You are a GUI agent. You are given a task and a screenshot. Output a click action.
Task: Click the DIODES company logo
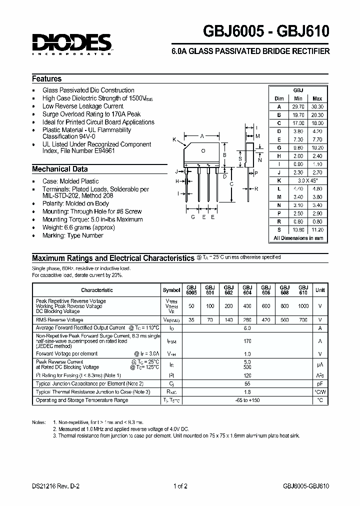(71, 43)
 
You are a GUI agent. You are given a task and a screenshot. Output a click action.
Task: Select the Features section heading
(47, 79)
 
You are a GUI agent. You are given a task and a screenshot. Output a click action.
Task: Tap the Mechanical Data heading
(59, 169)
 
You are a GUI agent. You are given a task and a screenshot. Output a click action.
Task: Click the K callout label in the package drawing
(174, 139)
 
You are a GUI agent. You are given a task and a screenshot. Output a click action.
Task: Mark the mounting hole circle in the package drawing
(203, 150)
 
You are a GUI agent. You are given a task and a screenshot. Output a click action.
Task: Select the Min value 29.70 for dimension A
(298, 106)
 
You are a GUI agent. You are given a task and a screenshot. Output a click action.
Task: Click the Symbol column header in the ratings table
(171, 290)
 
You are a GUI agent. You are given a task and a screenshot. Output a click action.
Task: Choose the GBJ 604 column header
(247, 290)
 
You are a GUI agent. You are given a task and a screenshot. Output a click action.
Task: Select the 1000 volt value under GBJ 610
(303, 305)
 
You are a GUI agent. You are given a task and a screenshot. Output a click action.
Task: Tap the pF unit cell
(320, 384)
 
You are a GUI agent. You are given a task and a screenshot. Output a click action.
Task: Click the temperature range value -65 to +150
(247, 400)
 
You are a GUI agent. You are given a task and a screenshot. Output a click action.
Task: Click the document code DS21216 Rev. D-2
(55, 486)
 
